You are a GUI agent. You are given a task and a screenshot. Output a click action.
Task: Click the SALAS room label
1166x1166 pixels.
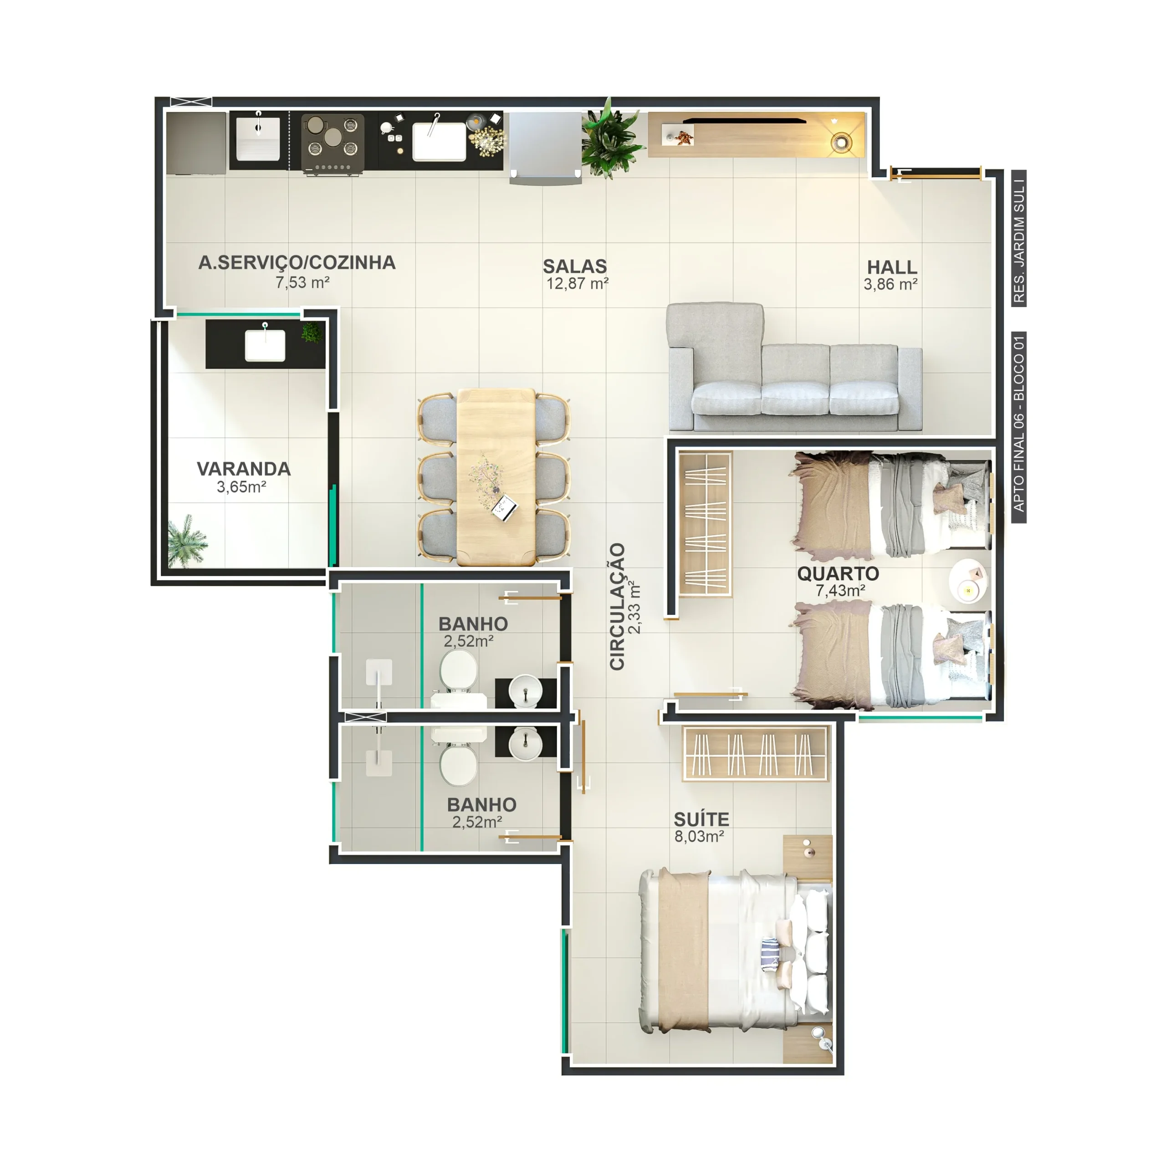(574, 266)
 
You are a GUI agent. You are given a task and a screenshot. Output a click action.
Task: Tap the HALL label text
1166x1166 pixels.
(891, 267)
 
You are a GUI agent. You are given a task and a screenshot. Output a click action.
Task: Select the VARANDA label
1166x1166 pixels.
(244, 469)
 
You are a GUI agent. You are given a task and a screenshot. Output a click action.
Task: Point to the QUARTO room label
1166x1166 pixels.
(838, 573)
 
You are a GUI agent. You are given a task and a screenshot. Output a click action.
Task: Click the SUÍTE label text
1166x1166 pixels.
(701, 819)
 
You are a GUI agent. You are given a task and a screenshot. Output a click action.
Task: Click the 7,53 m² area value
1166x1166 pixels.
(302, 282)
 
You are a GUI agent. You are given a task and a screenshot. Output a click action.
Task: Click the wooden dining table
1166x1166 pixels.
(496, 477)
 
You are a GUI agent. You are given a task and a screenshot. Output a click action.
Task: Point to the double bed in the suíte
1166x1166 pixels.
(736, 952)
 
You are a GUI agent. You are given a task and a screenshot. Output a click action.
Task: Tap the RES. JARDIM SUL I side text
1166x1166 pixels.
(1019, 238)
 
